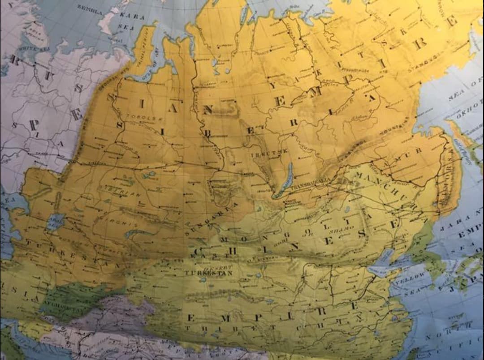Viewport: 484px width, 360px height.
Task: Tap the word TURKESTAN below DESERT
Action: tap(209, 272)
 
